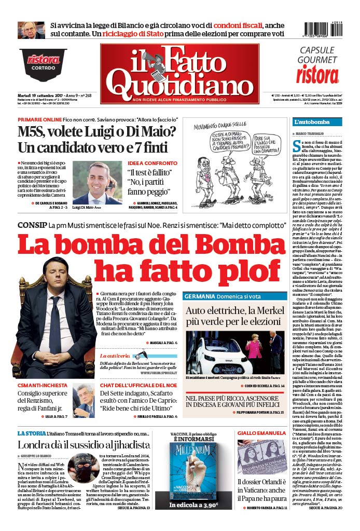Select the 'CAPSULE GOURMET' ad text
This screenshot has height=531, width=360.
(321, 55)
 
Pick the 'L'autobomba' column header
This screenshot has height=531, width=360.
(312, 122)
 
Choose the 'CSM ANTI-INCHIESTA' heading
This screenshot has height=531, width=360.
(43, 386)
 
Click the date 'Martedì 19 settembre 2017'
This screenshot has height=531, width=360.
(44, 96)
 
